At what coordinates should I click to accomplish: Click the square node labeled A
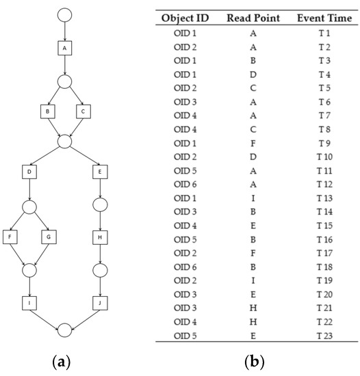click(64, 49)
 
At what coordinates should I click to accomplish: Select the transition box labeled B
click(47, 109)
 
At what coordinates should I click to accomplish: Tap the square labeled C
click(82, 109)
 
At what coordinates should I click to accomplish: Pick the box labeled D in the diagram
click(29, 171)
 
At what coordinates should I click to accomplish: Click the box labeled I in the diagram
click(29, 300)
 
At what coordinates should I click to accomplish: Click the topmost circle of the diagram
click(64, 14)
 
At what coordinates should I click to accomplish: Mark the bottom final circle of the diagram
click(64, 331)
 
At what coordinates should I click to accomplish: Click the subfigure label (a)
click(64, 360)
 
